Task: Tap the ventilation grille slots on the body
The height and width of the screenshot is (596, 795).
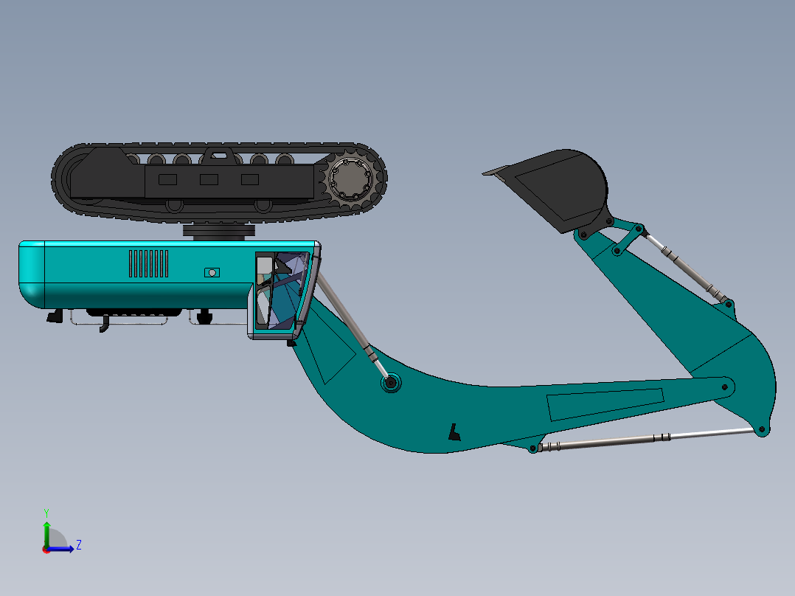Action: pos(148,263)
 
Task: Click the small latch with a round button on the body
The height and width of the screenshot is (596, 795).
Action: pos(212,273)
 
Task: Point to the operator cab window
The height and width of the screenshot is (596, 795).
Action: pos(280,291)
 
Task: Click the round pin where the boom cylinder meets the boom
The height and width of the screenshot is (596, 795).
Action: pos(390,383)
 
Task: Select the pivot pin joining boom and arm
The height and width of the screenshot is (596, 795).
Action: pos(727,387)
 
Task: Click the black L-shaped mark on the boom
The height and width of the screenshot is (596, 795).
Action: pos(455,432)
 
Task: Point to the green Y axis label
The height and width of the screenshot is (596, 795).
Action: pos(46,512)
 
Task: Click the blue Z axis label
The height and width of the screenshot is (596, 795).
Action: pos(78,545)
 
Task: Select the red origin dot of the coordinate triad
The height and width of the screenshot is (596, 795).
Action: pos(46,550)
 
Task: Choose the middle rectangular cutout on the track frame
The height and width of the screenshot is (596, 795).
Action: pos(209,179)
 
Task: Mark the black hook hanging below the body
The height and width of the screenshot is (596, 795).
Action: pos(104,324)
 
